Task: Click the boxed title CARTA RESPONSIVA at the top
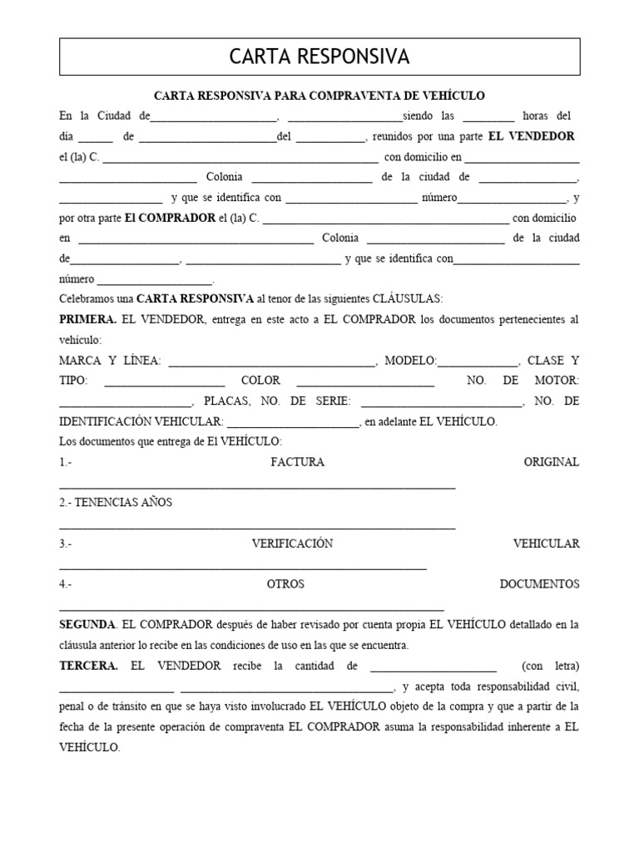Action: point(319,57)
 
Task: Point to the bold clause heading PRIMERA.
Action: point(88,320)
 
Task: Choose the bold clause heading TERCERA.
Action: point(88,666)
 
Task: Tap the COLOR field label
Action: point(260,381)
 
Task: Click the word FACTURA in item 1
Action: point(297,462)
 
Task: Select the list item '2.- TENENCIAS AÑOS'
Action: point(116,503)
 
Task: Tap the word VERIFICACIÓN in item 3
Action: point(292,544)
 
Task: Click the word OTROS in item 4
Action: point(285,584)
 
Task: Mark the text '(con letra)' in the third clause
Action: point(550,666)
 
